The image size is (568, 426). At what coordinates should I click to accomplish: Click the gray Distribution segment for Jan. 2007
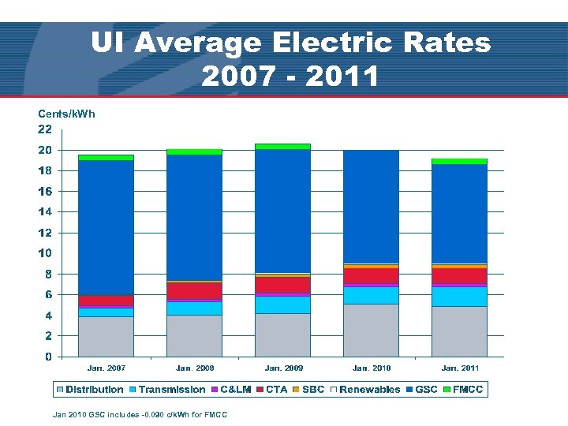pyautogui.click(x=106, y=336)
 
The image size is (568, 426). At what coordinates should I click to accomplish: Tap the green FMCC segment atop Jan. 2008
pyautogui.click(x=194, y=151)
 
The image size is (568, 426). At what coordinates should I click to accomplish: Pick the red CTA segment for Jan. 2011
pyautogui.click(x=459, y=275)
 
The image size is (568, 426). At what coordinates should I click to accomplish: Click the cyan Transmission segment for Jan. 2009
pyautogui.click(x=282, y=304)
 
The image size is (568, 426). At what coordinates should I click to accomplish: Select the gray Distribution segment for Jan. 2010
pyautogui.click(x=371, y=330)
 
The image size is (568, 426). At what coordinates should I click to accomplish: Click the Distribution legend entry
pyautogui.click(x=90, y=390)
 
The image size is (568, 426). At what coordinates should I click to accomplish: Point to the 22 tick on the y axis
pyautogui.click(x=45, y=129)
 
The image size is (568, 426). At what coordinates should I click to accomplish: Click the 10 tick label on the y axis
pyautogui.click(x=45, y=253)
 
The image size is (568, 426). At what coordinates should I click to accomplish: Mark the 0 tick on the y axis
pyautogui.click(x=49, y=357)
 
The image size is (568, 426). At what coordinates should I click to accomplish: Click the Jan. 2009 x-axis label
pyautogui.click(x=283, y=368)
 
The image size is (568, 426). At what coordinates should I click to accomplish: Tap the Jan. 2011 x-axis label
pyautogui.click(x=460, y=368)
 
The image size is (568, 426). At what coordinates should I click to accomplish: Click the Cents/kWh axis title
pyautogui.click(x=66, y=114)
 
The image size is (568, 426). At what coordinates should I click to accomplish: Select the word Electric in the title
pyautogui.click(x=332, y=43)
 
